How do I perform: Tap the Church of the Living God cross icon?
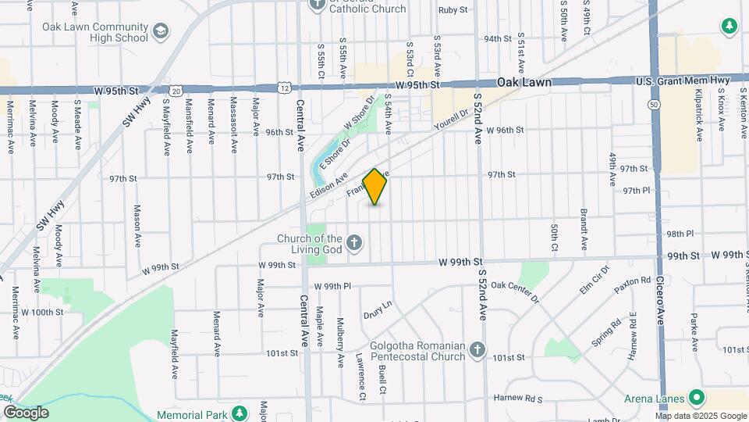point(354,242)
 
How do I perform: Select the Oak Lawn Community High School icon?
point(161,31)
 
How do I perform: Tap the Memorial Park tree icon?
point(241,413)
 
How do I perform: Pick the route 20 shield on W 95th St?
point(178,91)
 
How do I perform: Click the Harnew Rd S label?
point(517,399)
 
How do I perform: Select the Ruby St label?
point(453,10)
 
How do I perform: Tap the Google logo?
point(25,412)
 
